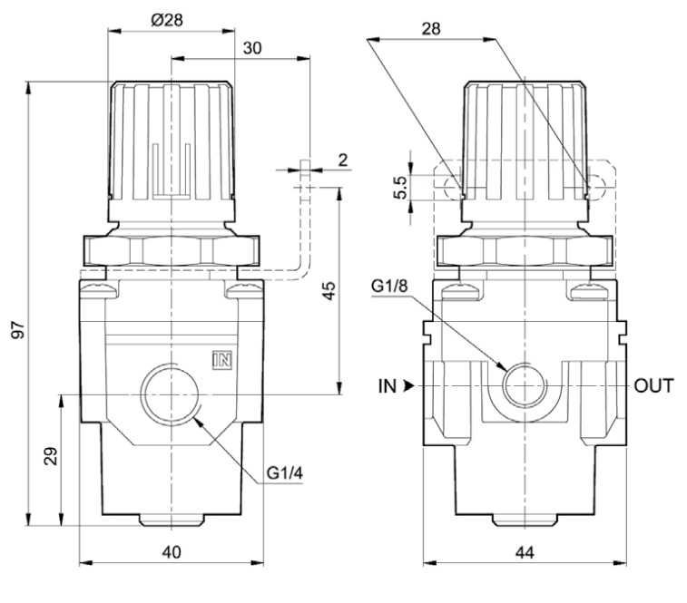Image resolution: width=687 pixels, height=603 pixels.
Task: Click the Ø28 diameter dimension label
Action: click(169, 20)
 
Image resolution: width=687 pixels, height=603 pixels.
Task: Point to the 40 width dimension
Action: click(172, 550)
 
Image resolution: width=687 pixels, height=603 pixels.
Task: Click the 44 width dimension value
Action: click(525, 550)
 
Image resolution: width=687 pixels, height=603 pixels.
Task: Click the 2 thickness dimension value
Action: click(342, 160)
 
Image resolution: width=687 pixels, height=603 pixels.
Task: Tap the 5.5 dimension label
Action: click(400, 186)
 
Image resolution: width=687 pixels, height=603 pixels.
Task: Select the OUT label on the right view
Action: click(653, 386)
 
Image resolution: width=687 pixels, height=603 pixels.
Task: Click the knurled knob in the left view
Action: click(172, 145)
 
